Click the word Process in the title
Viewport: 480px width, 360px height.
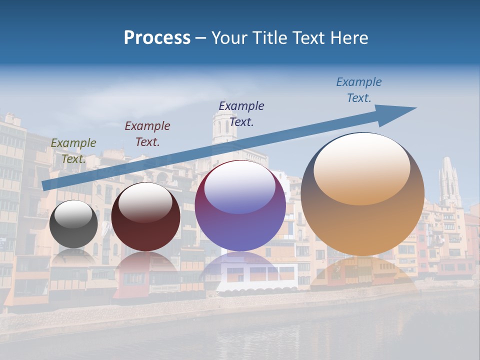tap(157, 38)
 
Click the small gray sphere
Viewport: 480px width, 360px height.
tap(73, 224)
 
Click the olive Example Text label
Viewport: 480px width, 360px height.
tap(73, 151)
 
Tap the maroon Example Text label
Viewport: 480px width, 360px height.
tap(147, 134)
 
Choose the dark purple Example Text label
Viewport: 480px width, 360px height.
tap(241, 113)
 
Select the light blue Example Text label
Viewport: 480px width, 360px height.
tap(359, 90)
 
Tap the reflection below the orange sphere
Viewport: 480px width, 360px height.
tap(362, 272)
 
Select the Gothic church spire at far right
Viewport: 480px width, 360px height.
tap(449, 180)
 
